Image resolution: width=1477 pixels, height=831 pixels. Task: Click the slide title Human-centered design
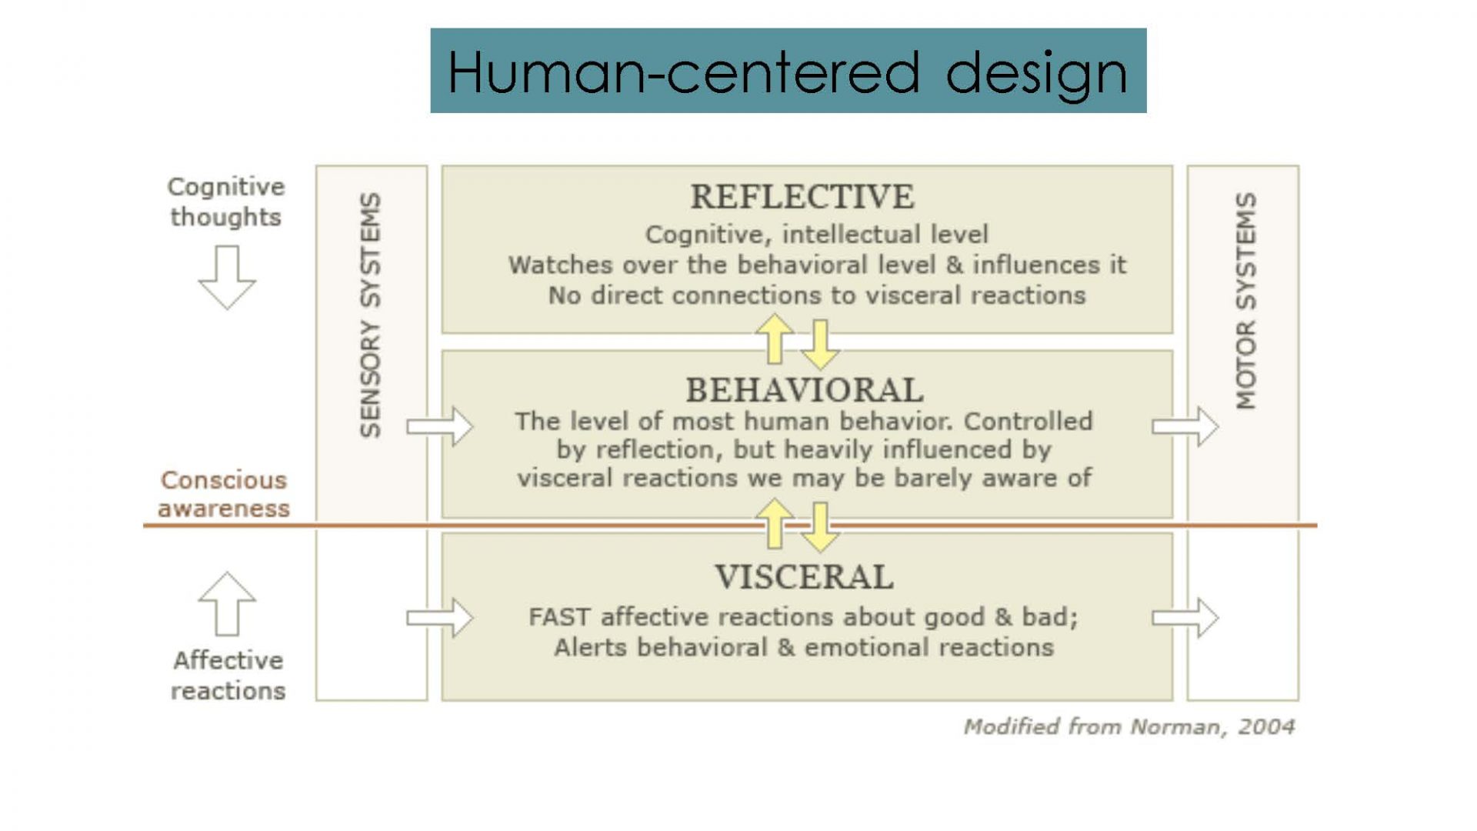tap(788, 72)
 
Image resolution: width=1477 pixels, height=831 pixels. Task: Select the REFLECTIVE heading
tap(802, 197)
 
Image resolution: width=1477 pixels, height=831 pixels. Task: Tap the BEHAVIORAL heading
tap(805, 390)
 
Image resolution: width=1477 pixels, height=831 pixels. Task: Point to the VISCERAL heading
tap(804, 577)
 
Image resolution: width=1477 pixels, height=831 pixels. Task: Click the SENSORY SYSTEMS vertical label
tap(371, 315)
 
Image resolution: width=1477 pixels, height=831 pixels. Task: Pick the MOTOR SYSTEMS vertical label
tap(1246, 301)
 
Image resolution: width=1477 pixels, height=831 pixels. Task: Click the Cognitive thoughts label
tap(226, 202)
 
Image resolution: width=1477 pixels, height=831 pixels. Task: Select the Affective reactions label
tap(228, 676)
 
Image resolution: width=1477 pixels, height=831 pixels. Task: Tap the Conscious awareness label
tap(224, 494)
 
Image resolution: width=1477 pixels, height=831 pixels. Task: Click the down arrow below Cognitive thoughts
tap(226, 278)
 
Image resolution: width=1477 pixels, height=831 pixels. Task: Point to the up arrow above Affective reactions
tap(226, 604)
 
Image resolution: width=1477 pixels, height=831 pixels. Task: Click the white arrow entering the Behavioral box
tap(440, 426)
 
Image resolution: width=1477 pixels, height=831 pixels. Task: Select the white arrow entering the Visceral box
tap(440, 618)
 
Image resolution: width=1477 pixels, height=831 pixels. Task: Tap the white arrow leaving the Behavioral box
tap(1185, 426)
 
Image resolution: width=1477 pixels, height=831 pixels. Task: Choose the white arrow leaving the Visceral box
tap(1185, 618)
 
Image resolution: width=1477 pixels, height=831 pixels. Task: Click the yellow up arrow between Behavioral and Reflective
tap(775, 339)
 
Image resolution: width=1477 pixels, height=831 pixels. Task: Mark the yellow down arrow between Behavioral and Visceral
tap(820, 527)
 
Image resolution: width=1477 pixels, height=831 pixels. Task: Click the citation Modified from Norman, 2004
tap(1129, 726)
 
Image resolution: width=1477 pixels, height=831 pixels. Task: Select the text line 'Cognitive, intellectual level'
tap(816, 234)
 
